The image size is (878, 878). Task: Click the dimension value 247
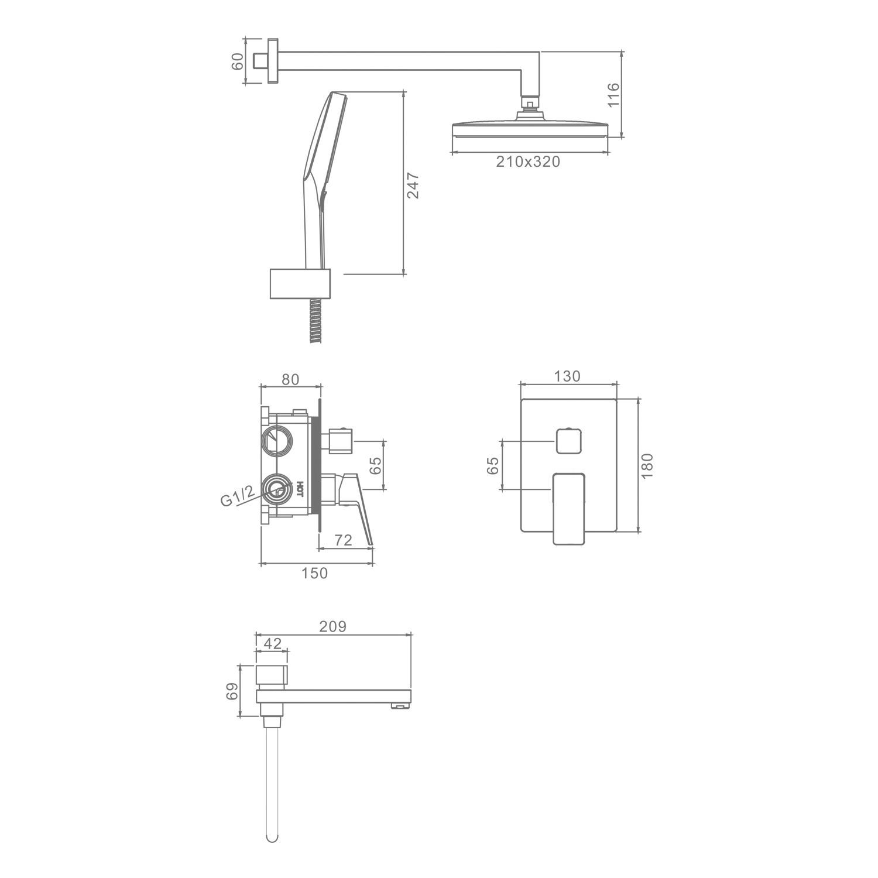413,185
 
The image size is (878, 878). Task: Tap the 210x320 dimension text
528,162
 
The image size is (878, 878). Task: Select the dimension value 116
613,95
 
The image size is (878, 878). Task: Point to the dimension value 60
237,61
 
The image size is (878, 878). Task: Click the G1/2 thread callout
238,496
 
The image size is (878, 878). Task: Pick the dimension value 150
315,573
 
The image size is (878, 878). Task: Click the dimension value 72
344,540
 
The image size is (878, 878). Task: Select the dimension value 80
290,379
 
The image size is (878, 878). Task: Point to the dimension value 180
647,466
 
